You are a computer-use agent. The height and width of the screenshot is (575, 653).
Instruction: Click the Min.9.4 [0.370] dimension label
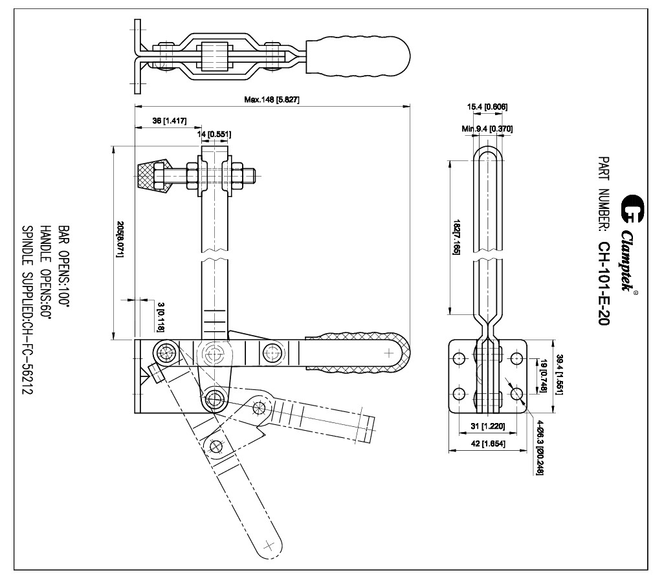pyautogui.click(x=487, y=129)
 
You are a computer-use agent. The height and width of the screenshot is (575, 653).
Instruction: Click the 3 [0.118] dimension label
pyautogui.click(x=160, y=316)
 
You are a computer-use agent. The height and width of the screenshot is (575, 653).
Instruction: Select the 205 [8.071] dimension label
pyautogui.click(x=120, y=240)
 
